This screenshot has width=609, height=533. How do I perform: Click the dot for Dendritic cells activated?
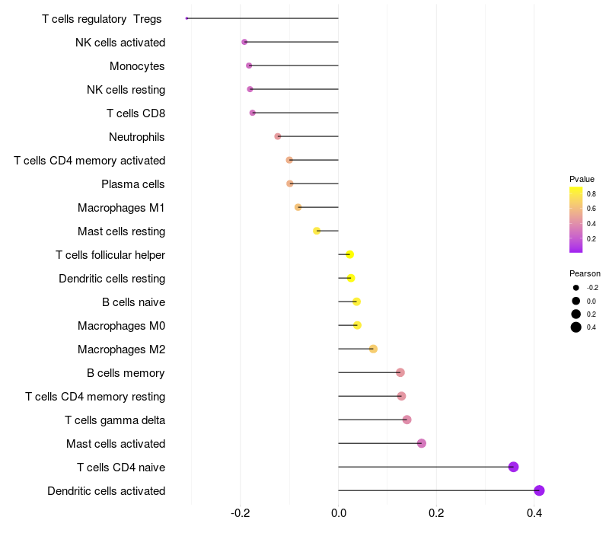point(539,490)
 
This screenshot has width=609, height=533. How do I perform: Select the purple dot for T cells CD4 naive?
point(513,467)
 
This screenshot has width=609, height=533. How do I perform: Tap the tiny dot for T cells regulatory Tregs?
point(187,18)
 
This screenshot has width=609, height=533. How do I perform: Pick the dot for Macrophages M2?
point(373,349)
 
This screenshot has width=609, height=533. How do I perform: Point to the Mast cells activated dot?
point(422,443)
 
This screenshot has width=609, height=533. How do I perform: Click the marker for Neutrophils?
point(278,136)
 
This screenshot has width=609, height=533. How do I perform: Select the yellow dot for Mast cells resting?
point(317,231)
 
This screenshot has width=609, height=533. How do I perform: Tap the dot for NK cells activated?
point(244,42)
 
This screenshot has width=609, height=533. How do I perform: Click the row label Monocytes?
point(137,66)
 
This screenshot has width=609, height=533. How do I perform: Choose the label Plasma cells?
point(133,184)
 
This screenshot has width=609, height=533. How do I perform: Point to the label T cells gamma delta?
point(115,420)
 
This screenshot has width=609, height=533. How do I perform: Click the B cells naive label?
point(134,302)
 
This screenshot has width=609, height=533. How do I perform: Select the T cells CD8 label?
point(136,113)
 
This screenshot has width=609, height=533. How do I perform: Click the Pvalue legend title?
point(582,179)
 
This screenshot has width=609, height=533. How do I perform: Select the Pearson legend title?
point(585,273)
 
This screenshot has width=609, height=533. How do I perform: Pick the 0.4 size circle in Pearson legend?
point(576,327)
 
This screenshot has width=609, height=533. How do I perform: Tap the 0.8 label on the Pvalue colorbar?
point(591,193)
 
